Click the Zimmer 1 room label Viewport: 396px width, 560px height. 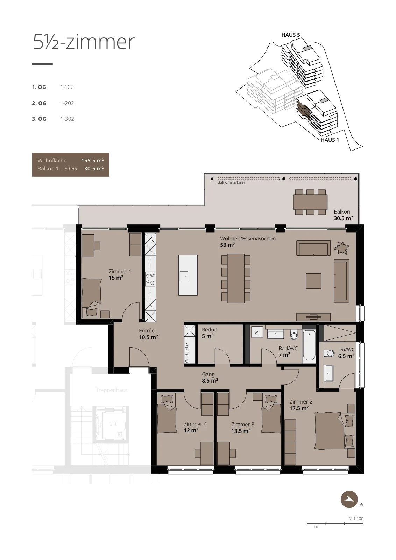[x=120, y=271]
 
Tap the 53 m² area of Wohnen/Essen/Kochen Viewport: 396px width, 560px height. [x=227, y=245]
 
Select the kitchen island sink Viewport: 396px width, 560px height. [x=184, y=276]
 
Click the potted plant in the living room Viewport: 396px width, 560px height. [x=341, y=248]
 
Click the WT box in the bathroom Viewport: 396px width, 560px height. [x=257, y=332]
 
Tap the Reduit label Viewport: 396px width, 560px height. [x=209, y=329]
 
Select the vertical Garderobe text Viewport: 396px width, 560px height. [x=187, y=353]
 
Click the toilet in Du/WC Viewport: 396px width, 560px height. [x=329, y=353]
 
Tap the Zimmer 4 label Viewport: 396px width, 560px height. [x=195, y=424]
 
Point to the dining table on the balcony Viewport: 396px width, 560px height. [x=310, y=202]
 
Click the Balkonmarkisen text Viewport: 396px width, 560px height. [x=232, y=182]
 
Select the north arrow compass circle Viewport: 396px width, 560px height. [x=349, y=499]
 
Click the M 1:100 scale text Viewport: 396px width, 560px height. [x=356, y=519]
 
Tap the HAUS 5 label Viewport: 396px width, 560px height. [x=291, y=35]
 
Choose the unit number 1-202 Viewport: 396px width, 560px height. [x=67, y=103]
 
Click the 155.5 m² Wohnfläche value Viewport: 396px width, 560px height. [x=92, y=161]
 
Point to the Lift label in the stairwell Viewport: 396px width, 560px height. [x=113, y=423]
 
